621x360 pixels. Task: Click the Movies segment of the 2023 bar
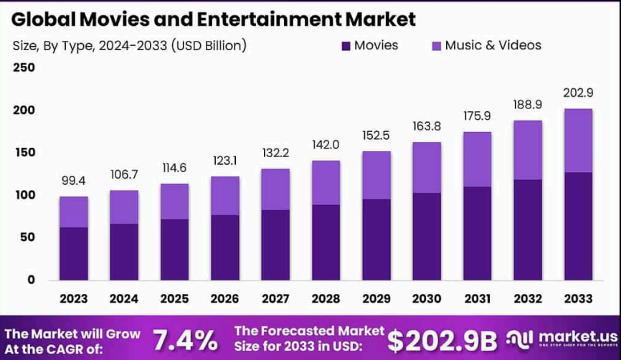(x=73, y=253)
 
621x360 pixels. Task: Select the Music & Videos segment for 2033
(x=578, y=141)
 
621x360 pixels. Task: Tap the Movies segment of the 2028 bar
(x=326, y=242)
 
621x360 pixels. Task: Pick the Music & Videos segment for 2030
(x=427, y=167)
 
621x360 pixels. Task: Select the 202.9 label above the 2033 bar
(x=578, y=93)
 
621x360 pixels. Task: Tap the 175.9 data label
(x=477, y=115)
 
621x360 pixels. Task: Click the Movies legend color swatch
(x=346, y=46)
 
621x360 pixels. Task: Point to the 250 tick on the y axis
(x=24, y=68)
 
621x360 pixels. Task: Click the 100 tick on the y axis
(x=24, y=195)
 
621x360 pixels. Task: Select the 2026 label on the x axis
(x=224, y=298)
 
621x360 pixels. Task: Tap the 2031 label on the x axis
(x=477, y=298)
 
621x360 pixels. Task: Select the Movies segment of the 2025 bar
(x=174, y=249)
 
